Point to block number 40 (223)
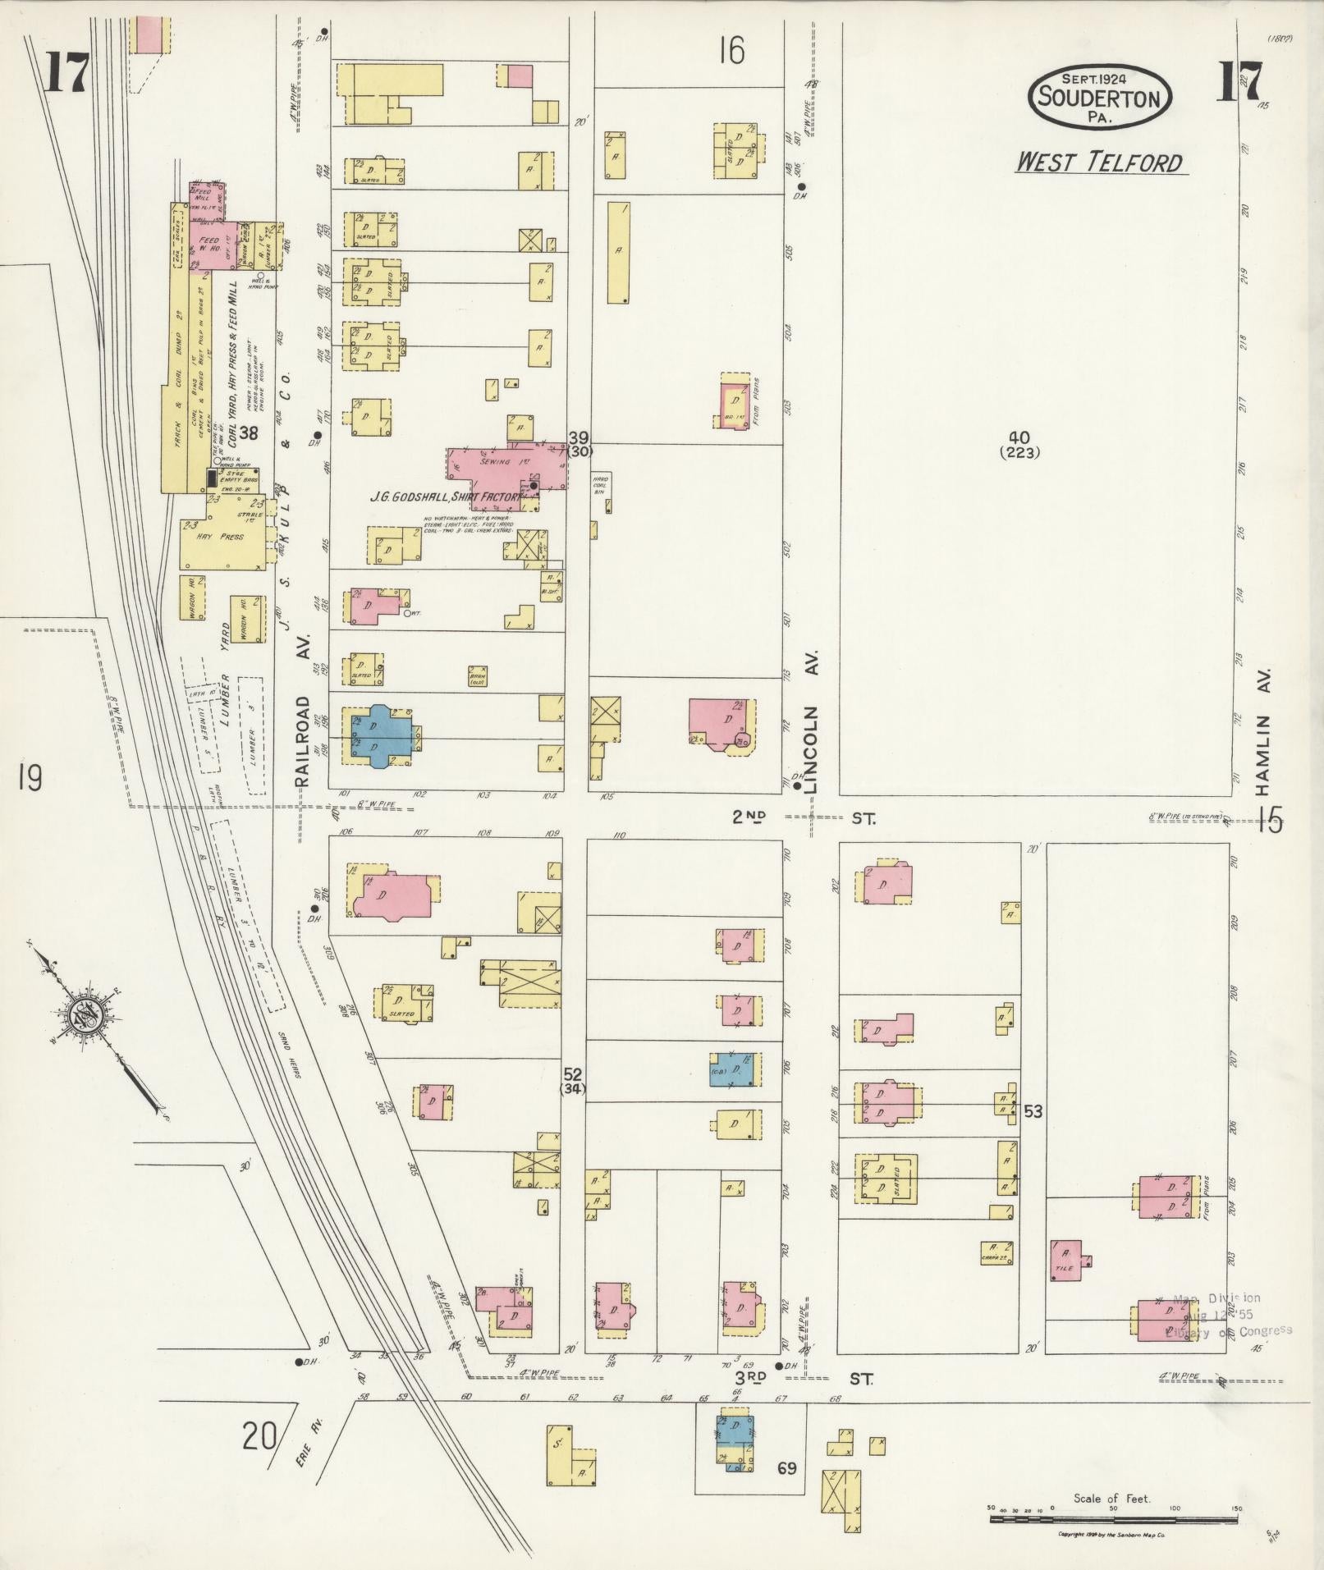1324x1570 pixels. (x=1020, y=444)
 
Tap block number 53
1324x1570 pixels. (x=1033, y=1111)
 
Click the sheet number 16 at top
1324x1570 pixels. (x=731, y=52)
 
